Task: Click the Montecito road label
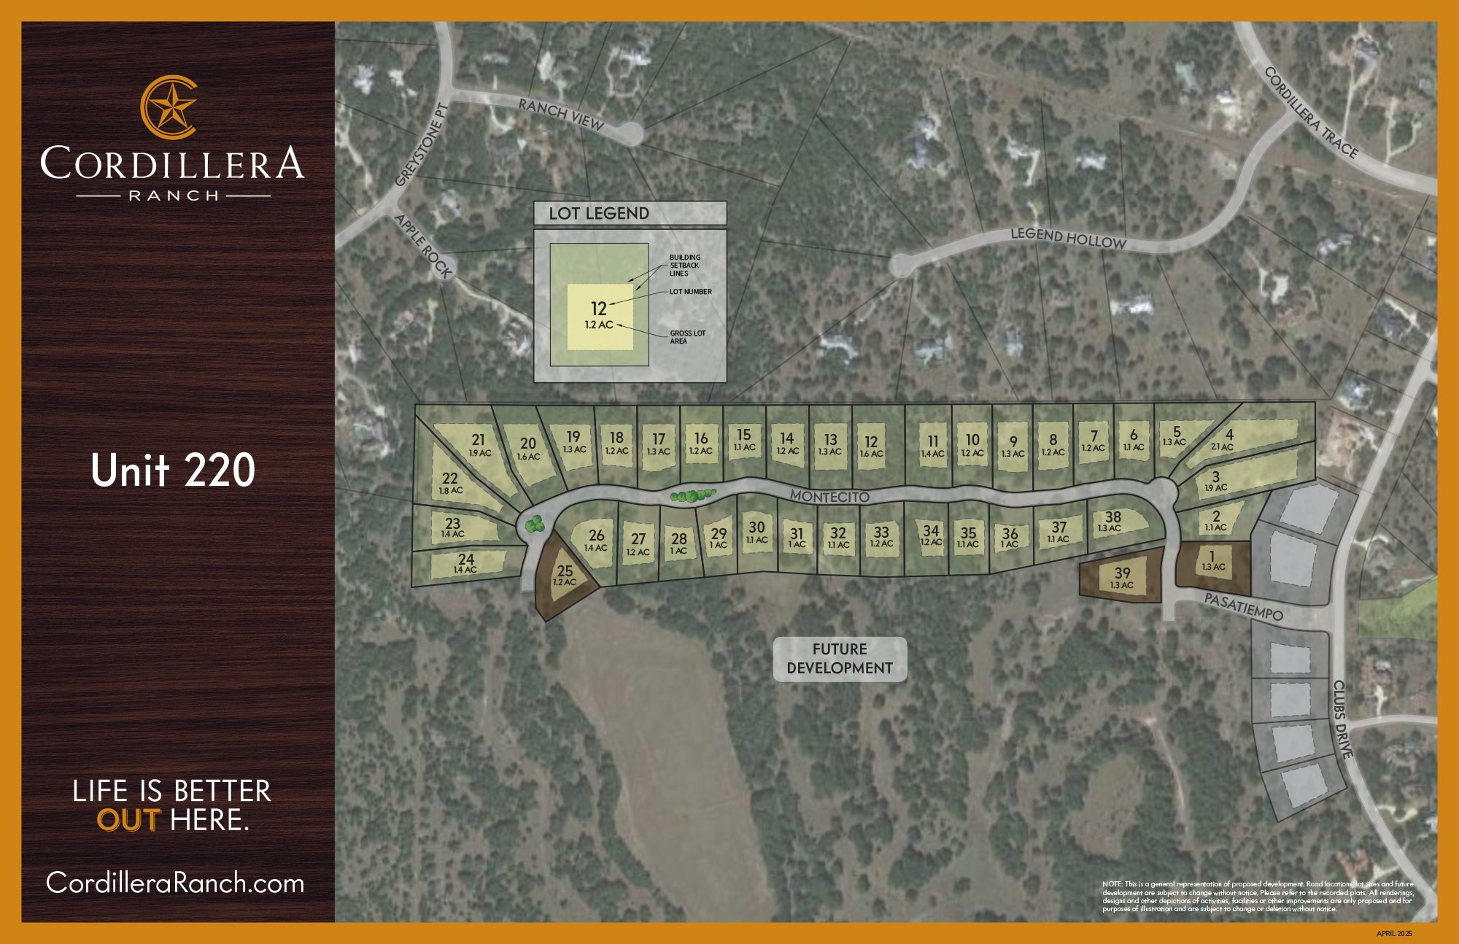pos(829,497)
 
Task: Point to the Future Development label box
pos(840,659)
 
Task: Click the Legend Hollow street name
pos(1068,238)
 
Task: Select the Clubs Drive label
pos(1342,719)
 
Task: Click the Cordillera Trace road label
pos(1311,113)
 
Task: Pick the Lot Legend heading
pos(599,213)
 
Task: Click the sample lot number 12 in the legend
pos(599,309)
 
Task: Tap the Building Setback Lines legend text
pos(685,266)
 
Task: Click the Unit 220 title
pos(173,471)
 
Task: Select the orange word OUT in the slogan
pos(128,821)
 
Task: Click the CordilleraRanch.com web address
pos(175,883)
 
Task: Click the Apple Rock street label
pos(424,245)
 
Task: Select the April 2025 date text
pos(1394,934)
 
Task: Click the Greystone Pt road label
pos(422,144)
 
